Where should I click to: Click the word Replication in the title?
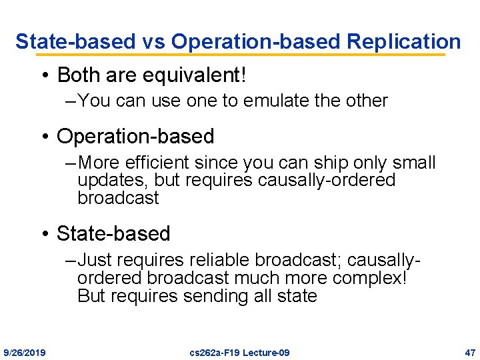click(403, 41)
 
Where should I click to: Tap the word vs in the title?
click(153, 41)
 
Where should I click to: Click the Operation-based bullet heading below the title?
click(135, 136)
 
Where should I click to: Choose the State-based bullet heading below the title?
click(113, 233)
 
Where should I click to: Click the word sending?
click(223, 295)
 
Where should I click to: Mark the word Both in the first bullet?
click(80, 75)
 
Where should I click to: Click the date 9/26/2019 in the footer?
click(25, 352)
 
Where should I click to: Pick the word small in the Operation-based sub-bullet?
click(413, 163)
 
